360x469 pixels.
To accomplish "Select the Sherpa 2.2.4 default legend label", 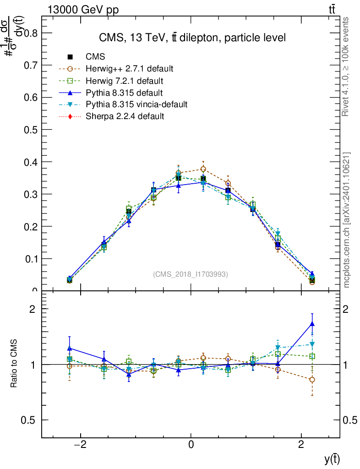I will (125, 116).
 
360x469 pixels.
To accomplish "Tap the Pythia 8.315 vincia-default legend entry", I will (136, 104).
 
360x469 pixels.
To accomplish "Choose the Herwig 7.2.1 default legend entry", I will (125, 81).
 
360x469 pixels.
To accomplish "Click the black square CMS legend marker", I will (70, 57).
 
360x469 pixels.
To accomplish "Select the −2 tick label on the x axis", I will (81, 444).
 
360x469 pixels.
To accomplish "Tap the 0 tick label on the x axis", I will (191, 444).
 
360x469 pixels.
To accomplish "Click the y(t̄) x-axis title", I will (332, 458).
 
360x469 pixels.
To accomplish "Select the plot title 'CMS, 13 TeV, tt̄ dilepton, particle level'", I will (192, 38).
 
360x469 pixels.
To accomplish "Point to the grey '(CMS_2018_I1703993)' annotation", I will (191, 274).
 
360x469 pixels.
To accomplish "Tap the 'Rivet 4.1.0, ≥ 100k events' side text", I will (346, 66).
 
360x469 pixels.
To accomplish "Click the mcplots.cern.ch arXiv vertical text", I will (347, 220).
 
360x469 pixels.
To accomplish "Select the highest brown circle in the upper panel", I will (203, 169).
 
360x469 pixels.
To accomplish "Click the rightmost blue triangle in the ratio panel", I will (312, 324).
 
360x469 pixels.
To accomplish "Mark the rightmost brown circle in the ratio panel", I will (312, 380).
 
